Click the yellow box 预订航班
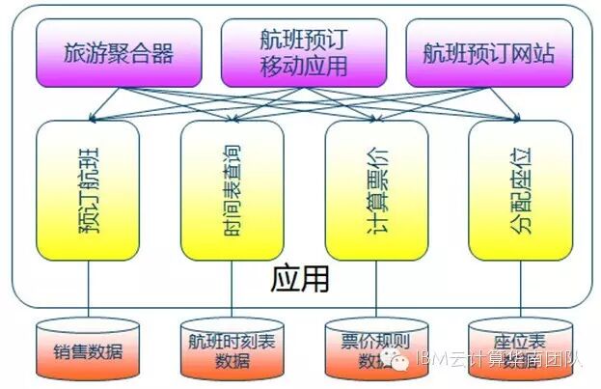click(x=88, y=190)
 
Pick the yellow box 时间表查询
click(x=232, y=190)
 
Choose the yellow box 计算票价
click(x=376, y=190)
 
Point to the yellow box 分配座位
click(x=520, y=190)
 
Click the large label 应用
click(x=300, y=279)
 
